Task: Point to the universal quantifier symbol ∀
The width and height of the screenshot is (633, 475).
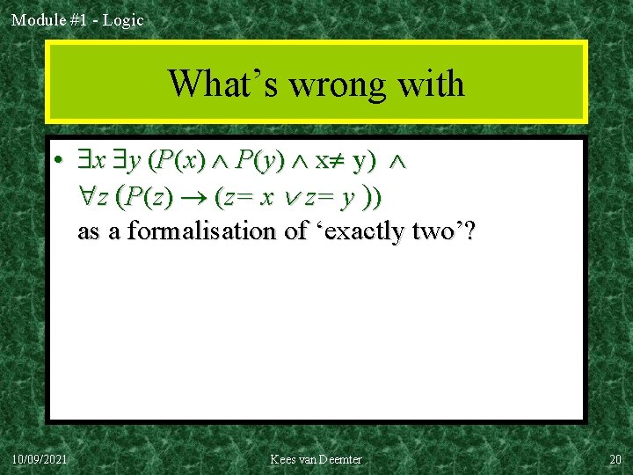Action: click(87, 198)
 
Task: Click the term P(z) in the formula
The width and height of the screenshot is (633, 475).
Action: click(145, 198)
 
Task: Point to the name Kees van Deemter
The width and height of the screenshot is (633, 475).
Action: click(316, 459)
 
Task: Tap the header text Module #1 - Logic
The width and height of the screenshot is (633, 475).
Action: click(77, 19)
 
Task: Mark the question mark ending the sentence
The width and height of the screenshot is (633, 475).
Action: click(471, 231)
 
